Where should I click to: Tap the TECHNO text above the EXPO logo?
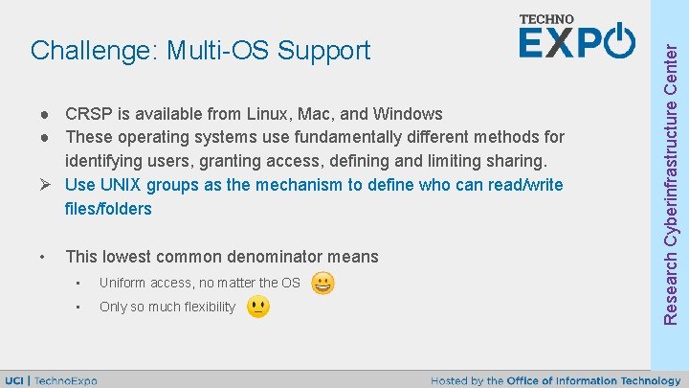(x=546, y=19)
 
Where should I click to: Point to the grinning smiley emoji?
(x=323, y=283)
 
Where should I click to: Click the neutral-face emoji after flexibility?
(x=257, y=307)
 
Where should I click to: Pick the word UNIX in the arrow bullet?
(x=121, y=185)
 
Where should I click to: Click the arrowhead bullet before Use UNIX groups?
(x=44, y=185)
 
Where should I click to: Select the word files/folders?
(x=108, y=208)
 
